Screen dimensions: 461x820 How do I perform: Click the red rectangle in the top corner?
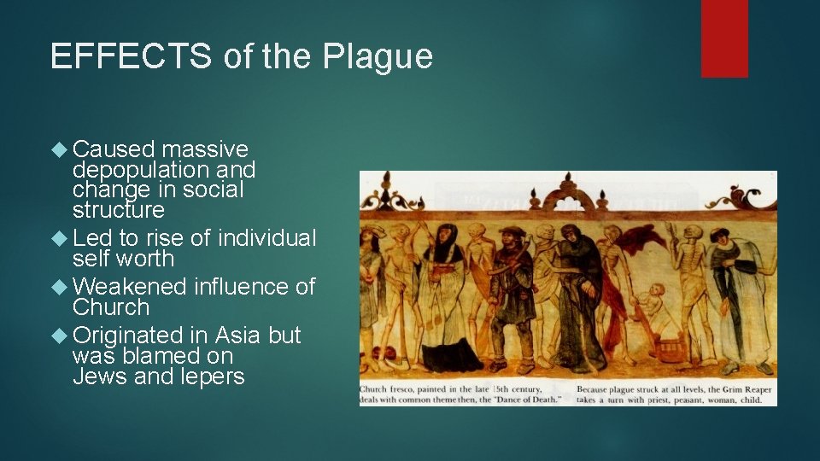tap(724, 38)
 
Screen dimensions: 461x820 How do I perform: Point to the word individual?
tap(267, 238)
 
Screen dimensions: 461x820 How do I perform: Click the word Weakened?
tap(129, 287)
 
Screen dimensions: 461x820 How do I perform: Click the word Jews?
tap(98, 376)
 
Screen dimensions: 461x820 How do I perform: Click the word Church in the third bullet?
tap(111, 307)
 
